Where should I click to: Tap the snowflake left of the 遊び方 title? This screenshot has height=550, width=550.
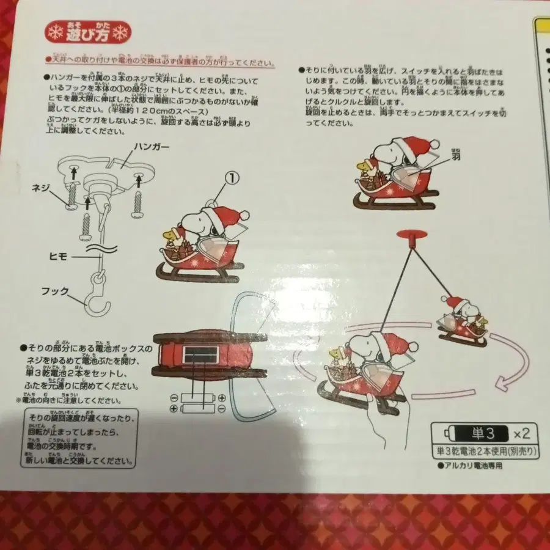tap(54, 32)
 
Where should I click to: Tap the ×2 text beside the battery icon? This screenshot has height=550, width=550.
tap(521, 435)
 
